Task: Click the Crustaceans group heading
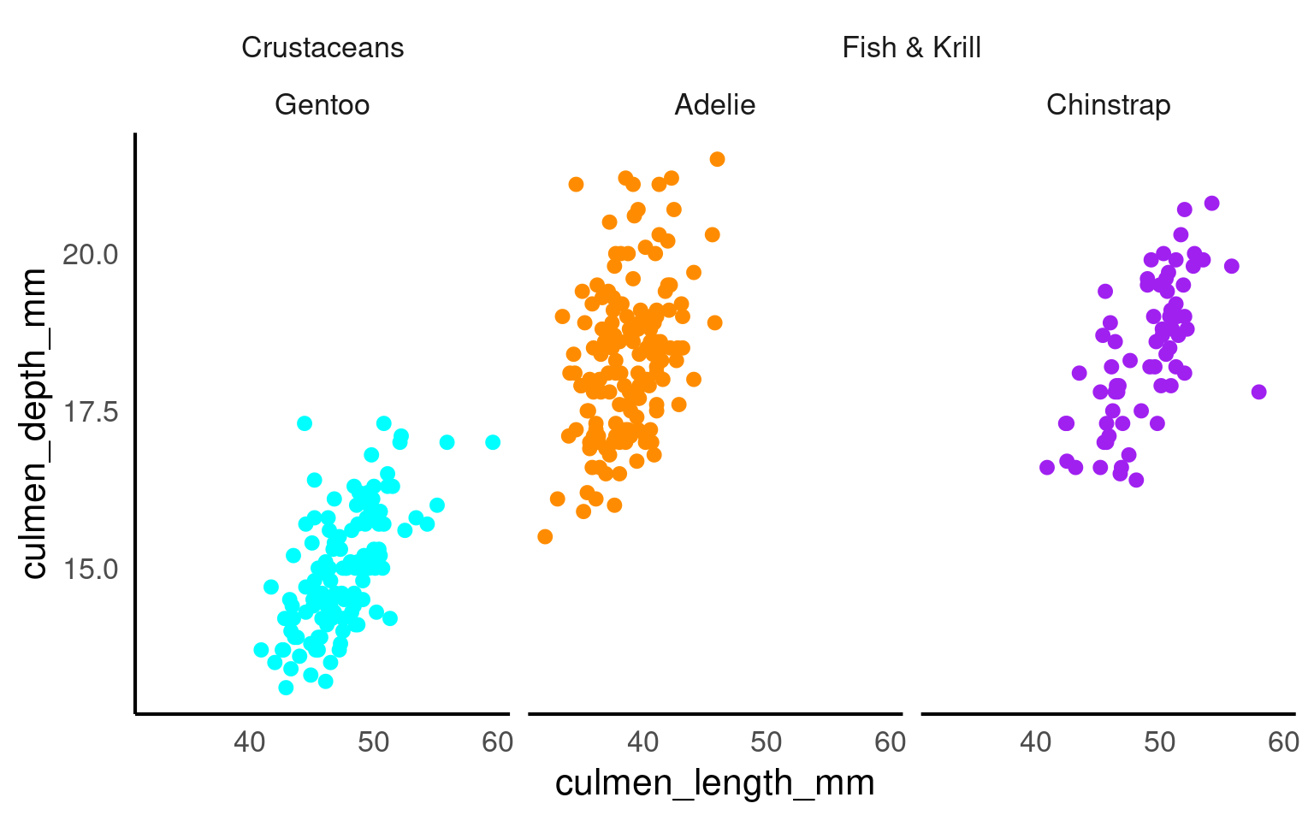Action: tap(323, 48)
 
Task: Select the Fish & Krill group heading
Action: tap(911, 48)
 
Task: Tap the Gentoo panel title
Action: tap(322, 105)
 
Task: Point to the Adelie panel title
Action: tap(714, 105)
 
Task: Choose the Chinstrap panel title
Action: tap(1108, 105)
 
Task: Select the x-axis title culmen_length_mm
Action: tap(714, 783)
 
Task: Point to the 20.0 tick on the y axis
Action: tap(90, 255)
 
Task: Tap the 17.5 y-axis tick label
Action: tap(90, 412)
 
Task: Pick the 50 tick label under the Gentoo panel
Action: tap(374, 742)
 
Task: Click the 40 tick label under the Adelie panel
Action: tap(642, 742)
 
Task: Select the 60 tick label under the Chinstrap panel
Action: tap(1283, 742)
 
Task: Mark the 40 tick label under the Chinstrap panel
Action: tap(1035, 742)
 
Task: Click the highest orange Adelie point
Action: tap(717, 159)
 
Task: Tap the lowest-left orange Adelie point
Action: tap(545, 536)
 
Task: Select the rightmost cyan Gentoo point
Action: tap(493, 442)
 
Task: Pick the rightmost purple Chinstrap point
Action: tap(1258, 392)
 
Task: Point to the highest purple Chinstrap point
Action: tap(1211, 203)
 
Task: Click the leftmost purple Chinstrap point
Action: tap(1047, 467)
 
